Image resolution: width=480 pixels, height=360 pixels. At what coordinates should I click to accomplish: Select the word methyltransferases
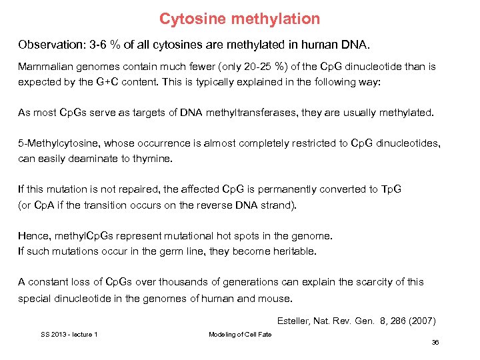(249, 113)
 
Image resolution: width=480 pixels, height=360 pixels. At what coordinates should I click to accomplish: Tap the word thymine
(155, 159)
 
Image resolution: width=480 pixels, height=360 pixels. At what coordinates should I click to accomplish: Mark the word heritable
(294, 251)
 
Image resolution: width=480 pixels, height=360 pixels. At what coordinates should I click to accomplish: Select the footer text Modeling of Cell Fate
(240, 334)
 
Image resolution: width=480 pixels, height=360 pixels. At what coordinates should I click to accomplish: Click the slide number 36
(435, 342)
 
